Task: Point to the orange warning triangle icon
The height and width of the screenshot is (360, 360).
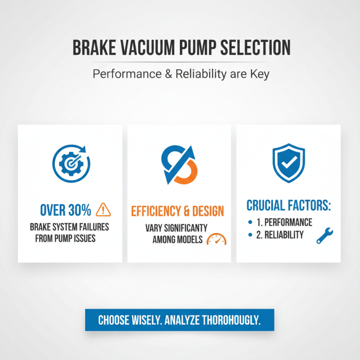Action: point(103,209)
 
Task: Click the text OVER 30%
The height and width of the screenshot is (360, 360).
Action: point(66,210)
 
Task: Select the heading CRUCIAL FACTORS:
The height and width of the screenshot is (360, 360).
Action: point(288,206)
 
